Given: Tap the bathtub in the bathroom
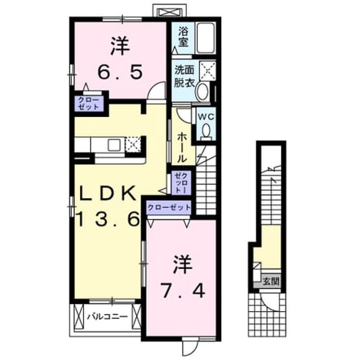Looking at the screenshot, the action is click(206, 38).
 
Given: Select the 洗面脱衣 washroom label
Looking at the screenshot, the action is click(184, 76).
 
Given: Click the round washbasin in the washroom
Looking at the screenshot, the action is click(202, 91).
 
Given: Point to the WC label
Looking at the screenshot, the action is click(206, 116).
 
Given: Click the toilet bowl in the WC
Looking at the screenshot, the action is click(206, 131).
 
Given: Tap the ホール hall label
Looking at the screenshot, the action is click(182, 147).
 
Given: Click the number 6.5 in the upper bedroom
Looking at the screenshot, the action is click(120, 71).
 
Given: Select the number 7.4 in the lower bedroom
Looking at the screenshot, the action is click(182, 290).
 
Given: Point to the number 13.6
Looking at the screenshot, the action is click(108, 219).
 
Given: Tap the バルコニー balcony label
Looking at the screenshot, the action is click(107, 317).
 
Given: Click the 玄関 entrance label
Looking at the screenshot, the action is click(272, 281).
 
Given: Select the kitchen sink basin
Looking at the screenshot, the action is click(114, 145).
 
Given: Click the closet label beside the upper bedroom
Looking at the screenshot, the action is click(89, 103).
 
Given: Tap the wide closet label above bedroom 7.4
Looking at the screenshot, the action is click(169, 208).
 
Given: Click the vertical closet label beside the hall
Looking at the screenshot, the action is click(181, 183).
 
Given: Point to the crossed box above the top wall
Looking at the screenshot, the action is click(170, 12).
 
